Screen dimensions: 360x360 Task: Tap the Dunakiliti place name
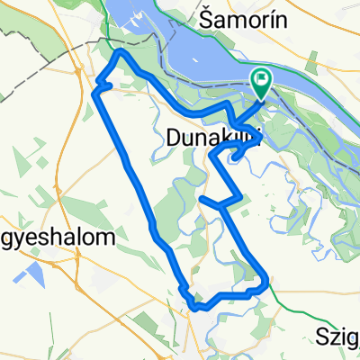point(214,137)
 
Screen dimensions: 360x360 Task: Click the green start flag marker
point(262,83)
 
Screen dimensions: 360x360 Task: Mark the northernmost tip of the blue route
point(121,53)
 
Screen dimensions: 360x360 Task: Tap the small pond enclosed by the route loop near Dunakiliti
point(236,157)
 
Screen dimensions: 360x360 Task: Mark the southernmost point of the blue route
point(196,308)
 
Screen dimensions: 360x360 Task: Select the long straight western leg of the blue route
point(135,171)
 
